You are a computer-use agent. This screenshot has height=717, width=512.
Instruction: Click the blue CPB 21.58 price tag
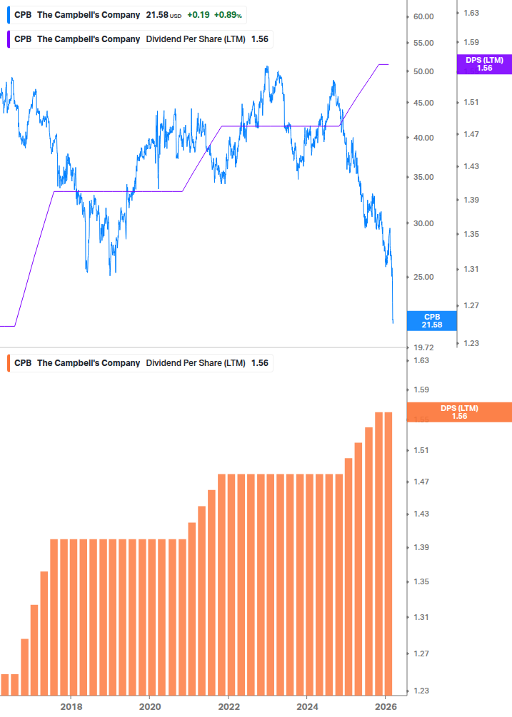tap(431, 320)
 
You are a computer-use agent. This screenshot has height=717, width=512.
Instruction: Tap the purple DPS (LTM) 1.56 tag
tap(484, 64)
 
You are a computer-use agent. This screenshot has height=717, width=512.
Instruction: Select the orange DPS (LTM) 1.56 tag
tap(458, 412)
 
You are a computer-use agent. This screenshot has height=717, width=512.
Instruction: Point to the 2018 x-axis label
tap(71, 706)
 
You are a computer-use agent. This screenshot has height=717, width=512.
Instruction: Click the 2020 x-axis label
tap(149, 706)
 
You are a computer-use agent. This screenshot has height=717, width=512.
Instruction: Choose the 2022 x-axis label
tap(228, 706)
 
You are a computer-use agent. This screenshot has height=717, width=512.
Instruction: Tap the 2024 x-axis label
tap(306, 706)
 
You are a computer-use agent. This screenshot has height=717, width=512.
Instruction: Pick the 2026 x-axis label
tap(385, 706)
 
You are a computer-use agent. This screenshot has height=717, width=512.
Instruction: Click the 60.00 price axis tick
tap(423, 16)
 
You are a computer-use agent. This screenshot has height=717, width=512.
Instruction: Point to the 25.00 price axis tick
tap(423, 277)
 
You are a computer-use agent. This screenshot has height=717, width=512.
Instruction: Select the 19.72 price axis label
tap(423, 347)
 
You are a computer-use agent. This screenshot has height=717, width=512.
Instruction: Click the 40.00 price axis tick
tap(423, 138)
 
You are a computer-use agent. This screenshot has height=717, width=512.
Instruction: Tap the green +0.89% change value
tap(229, 15)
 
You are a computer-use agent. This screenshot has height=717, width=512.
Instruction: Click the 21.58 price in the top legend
tap(156, 15)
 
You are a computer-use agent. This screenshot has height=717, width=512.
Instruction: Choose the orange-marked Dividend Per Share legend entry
tap(141, 363)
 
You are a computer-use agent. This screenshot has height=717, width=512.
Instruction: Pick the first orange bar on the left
tap(5, 684)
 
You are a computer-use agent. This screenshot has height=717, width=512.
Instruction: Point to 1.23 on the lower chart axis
tap(421, 691)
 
